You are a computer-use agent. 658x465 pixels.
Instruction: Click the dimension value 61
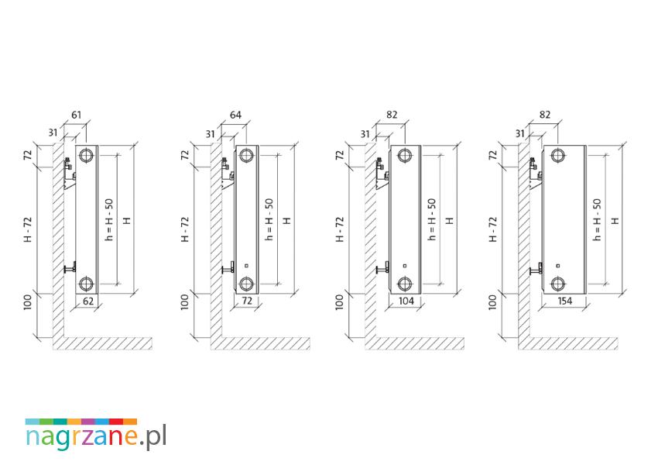point(77,115)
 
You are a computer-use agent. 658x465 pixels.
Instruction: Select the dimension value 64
point(236,115)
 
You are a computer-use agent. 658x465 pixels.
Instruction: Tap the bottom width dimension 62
point(88,301)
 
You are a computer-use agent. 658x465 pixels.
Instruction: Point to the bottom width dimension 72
point(247,301)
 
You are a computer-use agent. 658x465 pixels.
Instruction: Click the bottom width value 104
point(406,301)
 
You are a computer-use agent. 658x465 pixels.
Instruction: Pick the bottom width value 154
point(565,301)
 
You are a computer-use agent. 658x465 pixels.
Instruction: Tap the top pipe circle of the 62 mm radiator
point(87,155)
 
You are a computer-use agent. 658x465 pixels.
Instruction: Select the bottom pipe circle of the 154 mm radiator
point(558,284)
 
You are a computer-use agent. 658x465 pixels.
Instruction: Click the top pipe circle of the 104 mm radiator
point(405,156)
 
